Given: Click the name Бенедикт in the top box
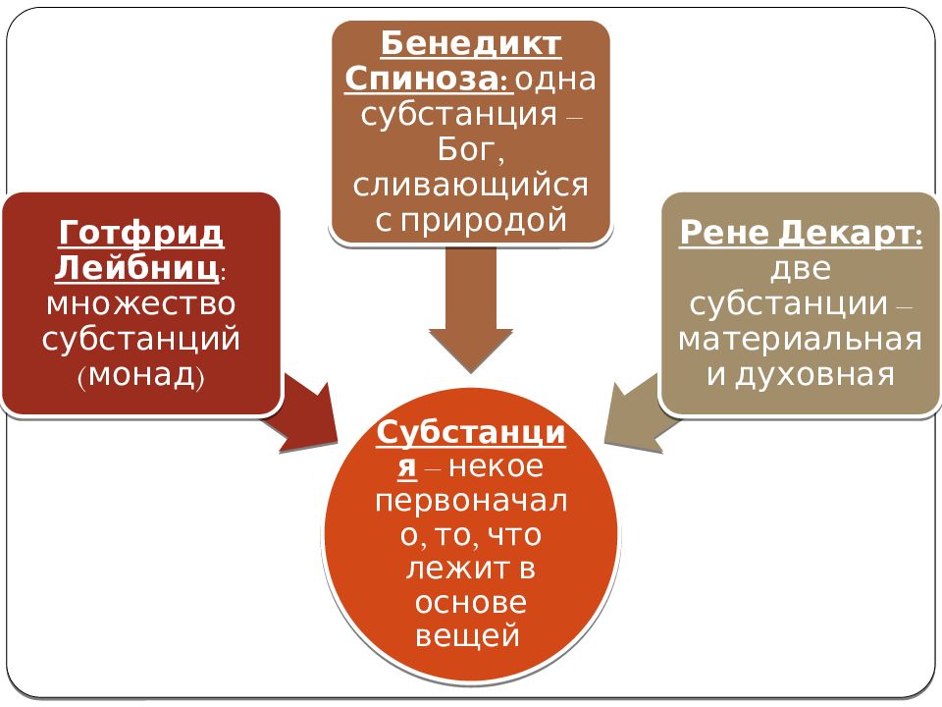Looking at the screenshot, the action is (x=471, y=44).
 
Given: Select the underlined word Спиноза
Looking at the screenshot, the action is (x=427, y=79).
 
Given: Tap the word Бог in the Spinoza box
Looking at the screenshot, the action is (x=470, y=149).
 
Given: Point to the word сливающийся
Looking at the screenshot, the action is (x=470, y=186).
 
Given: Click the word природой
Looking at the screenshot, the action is (x=484, y=221).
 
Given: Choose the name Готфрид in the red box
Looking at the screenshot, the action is (x=141, y=234).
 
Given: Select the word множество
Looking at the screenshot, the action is (x=141, y=303).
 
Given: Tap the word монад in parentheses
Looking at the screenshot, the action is (x=141, y=376).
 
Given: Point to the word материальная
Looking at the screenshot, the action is (x=801, y=339).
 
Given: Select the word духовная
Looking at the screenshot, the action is (x=815, y=375).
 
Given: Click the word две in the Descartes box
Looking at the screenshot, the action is (x=801, y=269).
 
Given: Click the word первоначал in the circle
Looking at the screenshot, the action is (x=471, y=500).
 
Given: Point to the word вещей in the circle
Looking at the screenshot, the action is (x=467, y=635).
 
